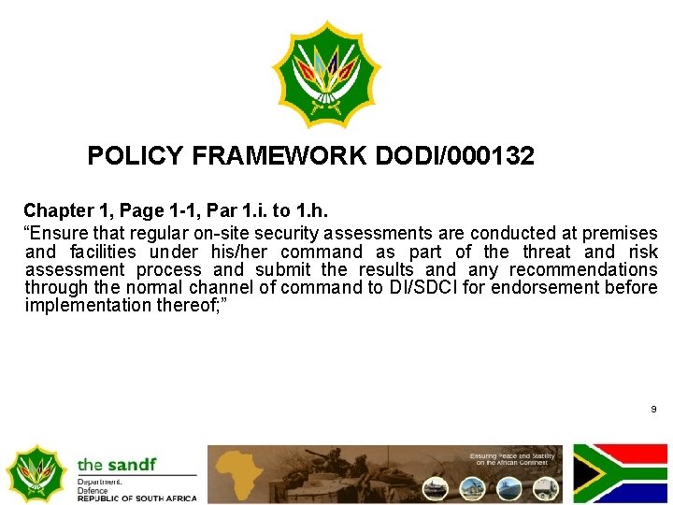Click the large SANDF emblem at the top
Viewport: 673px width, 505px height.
tap(327, 75)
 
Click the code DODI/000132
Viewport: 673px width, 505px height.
tap(454, 156)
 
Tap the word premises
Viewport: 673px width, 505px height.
tap(620, 233)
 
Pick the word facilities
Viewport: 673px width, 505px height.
tap(103, 252)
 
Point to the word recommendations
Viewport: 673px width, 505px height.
tap(583, 270)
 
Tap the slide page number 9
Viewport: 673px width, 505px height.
tap(653, 410)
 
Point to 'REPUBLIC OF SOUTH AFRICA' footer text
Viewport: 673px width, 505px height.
tap(137, 498)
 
